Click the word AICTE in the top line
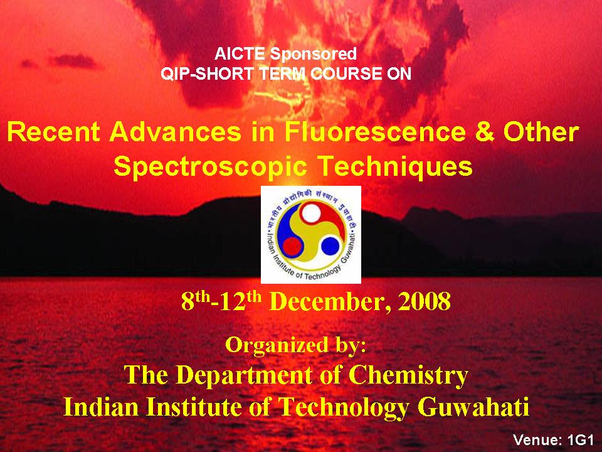click(239, 54)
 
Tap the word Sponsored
click(313, 54)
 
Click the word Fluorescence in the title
click(375, 132)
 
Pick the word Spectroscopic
click(211, 167)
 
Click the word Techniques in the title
click(396, 166)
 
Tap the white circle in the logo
click(310, 213)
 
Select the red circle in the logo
click(292, 247)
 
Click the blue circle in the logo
click(330, 246)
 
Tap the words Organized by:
click(295, 345)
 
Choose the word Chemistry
click(408, 375)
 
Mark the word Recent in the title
click(54, 132)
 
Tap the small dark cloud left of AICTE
click(73, 61)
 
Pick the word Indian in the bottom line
click(101, 407)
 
